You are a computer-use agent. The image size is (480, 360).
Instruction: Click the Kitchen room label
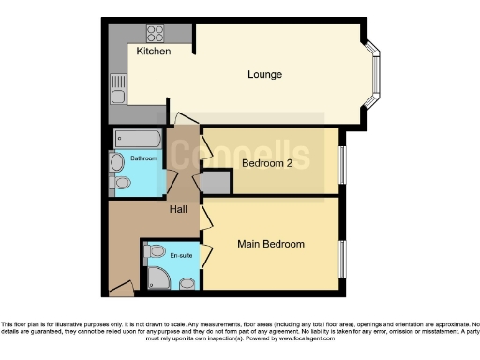(x=154, y=52)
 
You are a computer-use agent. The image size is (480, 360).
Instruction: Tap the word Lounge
(x=265, y=74)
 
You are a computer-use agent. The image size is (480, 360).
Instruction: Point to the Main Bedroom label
(x=272, y=244)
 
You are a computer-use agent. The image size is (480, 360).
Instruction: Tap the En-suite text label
(x=181, y=254)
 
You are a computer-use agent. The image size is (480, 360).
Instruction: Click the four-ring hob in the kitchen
(x=156, y=33)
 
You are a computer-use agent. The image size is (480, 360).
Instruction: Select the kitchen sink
(x=116, y=88)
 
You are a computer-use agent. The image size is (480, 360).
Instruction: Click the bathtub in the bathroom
(x=141, y=140)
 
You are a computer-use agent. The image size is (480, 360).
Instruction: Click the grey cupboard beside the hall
(x=217, y=183)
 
